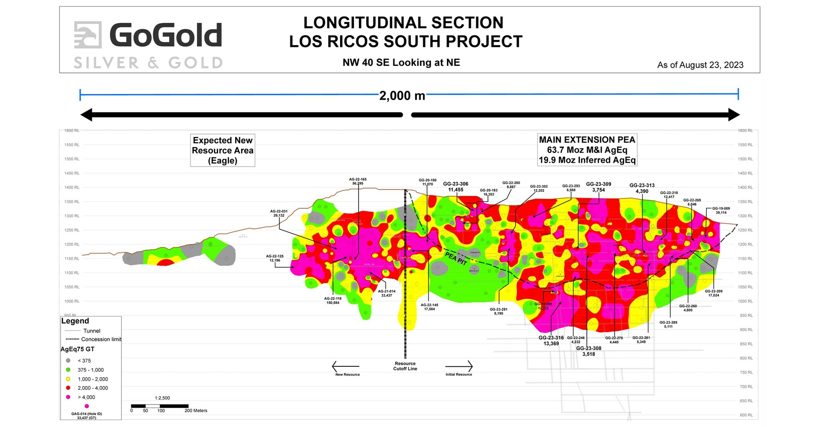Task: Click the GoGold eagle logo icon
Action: point(87,35)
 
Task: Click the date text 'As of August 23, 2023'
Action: point(700,65)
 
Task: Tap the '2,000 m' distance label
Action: point(402,96)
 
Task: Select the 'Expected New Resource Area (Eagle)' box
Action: point(222,150)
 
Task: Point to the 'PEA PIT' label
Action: point(456,258)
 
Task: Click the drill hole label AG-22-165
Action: point(357,181)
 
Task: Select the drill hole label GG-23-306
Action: point(456,187)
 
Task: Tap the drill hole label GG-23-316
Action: point(551,340)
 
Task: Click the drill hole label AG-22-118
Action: point(333,300)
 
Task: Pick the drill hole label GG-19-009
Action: point(721,210)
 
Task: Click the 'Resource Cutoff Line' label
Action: point(405,366)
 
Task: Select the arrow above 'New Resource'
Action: point(345,366)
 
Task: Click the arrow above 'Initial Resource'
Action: point(459,366)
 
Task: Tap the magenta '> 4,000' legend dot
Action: point(68,397)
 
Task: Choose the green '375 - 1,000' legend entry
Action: point(90,370)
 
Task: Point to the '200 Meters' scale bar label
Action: point(196,410)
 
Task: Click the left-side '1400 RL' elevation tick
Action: point(72,187)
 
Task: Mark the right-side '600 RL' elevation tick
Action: point(745,415)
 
